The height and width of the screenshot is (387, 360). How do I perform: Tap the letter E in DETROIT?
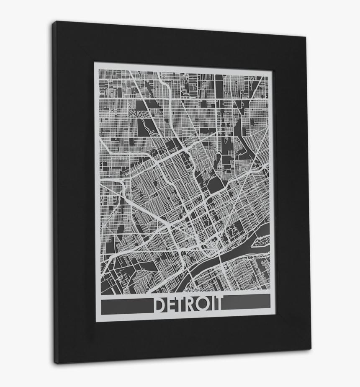(173, 305)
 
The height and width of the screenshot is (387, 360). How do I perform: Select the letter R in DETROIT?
(194, 304)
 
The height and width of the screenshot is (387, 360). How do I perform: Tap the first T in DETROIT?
(183, 305)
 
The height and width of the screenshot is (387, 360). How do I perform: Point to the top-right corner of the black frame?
(305, 37)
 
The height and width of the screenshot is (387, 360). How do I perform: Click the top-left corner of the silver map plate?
(94, 63)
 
